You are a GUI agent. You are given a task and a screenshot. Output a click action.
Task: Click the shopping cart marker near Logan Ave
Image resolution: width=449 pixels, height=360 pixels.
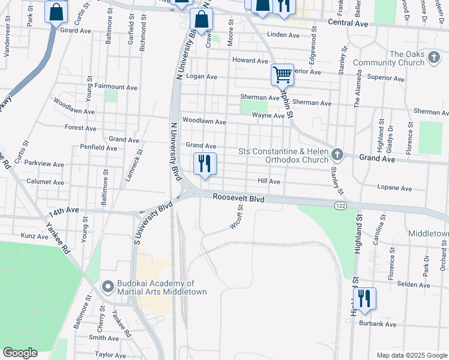coord(282,75)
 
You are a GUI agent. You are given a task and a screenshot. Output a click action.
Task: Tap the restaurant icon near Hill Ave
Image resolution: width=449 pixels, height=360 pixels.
coord(205,163)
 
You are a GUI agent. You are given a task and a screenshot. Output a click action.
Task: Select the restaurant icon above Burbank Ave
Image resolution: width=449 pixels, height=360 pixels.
coord(364,298)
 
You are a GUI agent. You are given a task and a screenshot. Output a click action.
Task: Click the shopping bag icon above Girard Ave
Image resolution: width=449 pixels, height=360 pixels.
coord(56,13)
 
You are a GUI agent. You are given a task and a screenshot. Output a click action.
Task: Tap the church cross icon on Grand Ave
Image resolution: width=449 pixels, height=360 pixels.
coord(337,155)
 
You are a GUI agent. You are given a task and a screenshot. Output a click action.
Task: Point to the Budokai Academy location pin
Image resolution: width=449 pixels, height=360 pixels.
coord(108,287)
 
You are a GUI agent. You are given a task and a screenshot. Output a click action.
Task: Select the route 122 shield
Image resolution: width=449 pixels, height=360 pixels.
coord(340,205)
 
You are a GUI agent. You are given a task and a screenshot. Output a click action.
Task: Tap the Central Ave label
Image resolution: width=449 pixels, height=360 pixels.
coord(347,22)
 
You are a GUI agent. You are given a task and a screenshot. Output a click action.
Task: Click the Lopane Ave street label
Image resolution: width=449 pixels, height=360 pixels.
coord(394,188)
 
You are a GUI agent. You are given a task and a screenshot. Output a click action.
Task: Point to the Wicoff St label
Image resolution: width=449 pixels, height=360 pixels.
coord(236,218)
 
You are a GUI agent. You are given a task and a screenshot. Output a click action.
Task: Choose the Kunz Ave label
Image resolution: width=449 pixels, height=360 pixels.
coord(34,236)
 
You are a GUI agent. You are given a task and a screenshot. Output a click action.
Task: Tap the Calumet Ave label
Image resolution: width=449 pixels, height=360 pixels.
coord(45,181)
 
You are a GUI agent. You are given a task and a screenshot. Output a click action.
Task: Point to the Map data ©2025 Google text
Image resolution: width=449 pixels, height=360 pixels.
coord(411,355)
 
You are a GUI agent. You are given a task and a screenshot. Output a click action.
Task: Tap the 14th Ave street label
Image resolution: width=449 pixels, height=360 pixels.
coord(64,211)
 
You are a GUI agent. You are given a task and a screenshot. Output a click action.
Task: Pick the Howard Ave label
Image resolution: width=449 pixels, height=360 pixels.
coord(250,61)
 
